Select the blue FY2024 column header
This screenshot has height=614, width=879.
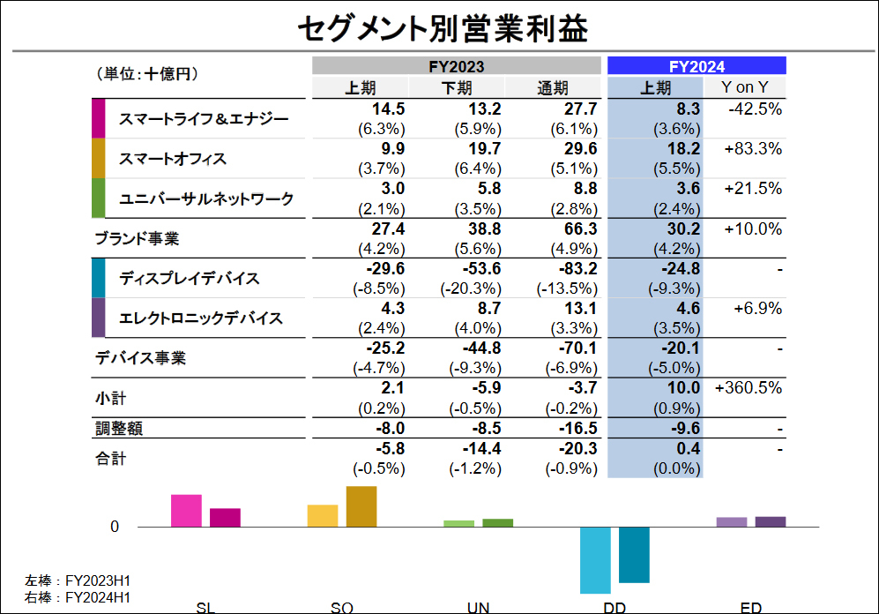coord(696,65)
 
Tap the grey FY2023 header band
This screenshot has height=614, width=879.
coord(457,65)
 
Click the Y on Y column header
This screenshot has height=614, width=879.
coord(744,87)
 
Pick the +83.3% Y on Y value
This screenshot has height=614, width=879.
coord(753,149)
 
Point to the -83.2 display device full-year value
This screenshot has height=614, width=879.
coord(579,268)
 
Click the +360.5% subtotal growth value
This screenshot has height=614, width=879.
coord(749,387)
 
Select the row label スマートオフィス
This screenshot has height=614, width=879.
coord(173,159)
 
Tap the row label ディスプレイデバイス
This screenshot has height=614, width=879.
coord(190,279)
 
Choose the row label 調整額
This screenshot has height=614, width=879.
coord(119,429)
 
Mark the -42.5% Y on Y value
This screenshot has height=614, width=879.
coord(756,109)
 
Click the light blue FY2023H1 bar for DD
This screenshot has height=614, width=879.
coord(595,559)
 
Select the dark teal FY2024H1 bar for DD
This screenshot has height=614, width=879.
coord(634,554)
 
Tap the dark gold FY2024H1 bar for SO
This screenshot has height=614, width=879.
coord(361,506)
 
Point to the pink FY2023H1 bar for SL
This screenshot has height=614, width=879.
coord(186,511)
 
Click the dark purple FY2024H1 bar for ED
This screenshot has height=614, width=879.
coord(771,521)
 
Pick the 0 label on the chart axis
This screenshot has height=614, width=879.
coord(115,527)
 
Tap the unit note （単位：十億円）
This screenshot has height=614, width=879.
coord(145,74)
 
